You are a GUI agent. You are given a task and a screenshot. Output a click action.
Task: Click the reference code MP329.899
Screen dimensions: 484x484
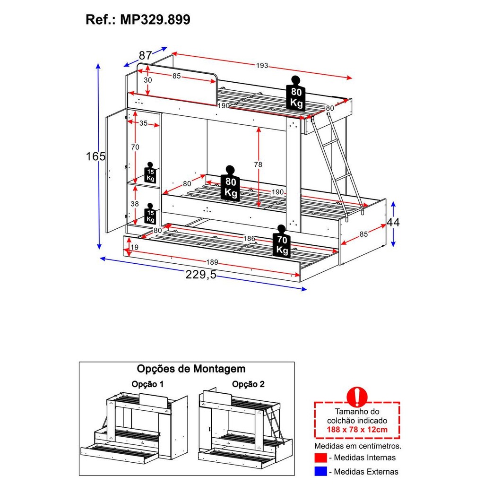(x=155, y=20)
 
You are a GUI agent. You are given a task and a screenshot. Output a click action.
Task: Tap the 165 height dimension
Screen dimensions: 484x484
(x=95, y=156)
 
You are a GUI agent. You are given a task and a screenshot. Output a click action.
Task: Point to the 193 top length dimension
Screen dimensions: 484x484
(x=262, y=66)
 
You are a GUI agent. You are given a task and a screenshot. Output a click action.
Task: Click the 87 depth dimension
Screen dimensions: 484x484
(x=145, y=55)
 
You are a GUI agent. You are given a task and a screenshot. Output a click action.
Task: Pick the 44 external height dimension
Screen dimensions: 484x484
(x=393, y=222)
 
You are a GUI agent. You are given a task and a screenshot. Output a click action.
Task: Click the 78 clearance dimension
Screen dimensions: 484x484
(x=258, y=164)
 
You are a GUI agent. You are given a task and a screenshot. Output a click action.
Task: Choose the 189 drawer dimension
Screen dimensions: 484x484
(x=212, y=262)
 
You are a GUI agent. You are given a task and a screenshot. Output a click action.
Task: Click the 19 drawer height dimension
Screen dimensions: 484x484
(x=134, y=247)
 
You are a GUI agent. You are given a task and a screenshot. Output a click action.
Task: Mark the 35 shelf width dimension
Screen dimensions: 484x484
(x=143, y=123)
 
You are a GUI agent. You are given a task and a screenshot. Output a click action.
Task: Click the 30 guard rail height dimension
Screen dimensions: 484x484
(x=148, y=80)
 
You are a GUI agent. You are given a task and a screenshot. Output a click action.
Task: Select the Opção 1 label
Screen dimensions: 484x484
(x=148, y=384)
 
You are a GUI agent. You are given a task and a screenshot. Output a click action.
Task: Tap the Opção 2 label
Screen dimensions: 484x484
(x=249, y=384)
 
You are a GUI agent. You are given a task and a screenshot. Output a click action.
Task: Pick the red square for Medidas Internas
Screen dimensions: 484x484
(x=320, y=458)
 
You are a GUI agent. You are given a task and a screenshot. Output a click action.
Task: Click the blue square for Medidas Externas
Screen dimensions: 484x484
(x=320, y=472)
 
